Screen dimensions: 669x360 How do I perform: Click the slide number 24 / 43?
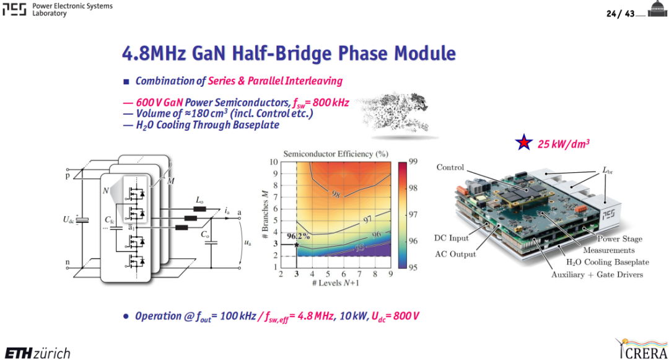click(x=620, y=14)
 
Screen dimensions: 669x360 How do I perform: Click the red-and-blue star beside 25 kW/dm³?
click(x=523, y=143)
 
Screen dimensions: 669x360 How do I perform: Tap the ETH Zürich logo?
click(x=38, y=353)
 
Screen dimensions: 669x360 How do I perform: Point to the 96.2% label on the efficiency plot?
click(x=298, y=236)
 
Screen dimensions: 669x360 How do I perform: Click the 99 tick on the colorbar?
click(x=413, y=161)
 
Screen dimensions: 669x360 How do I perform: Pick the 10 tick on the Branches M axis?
click(x=273, y=162)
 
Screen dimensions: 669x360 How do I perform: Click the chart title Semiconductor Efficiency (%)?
click(x=336, y=154)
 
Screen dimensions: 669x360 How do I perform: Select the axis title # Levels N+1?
click(x=335, y=283)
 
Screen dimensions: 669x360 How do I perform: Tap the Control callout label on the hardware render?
click(x=450, y=167)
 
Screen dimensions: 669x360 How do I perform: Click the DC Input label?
click(x=451, y=238)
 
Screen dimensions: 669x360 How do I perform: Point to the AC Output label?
click(x=455, y=254)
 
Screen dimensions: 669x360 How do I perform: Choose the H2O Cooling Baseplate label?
click(x=607, y=262)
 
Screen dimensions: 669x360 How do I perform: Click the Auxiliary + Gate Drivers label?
click(x=597, y=274)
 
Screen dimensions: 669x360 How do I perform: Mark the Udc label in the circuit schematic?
click(x=68, y=220)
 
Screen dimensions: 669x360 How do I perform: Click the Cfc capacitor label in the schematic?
click(x=110, y=220)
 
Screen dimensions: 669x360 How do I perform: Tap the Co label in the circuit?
click(x=205, y=235)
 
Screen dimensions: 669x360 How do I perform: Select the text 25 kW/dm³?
click(x=563, y=144)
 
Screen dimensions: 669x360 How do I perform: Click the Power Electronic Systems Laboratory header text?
click(x=72, y=9)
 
